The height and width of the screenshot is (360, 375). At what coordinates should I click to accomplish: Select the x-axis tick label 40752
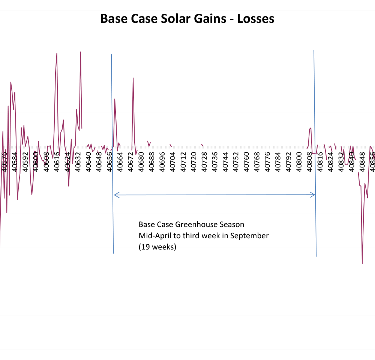tap(236, 162)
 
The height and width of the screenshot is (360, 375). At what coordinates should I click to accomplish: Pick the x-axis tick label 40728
tap(204, 162)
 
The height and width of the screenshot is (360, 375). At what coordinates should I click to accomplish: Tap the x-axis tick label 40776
tap(267, 162)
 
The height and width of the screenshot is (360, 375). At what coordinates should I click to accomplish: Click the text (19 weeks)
tap(157, 247)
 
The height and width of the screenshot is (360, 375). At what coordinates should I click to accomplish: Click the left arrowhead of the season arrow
tap(115, 194)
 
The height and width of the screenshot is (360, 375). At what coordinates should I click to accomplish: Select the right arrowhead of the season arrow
tap(314, 194)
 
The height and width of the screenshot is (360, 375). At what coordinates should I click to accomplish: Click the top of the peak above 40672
tap(133, 78)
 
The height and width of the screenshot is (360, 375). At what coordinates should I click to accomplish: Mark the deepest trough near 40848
tap(362, 263)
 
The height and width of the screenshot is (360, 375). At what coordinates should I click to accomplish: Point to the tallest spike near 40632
tap(81, 52)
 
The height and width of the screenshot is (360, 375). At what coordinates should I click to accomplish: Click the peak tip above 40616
tap(57, 53)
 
